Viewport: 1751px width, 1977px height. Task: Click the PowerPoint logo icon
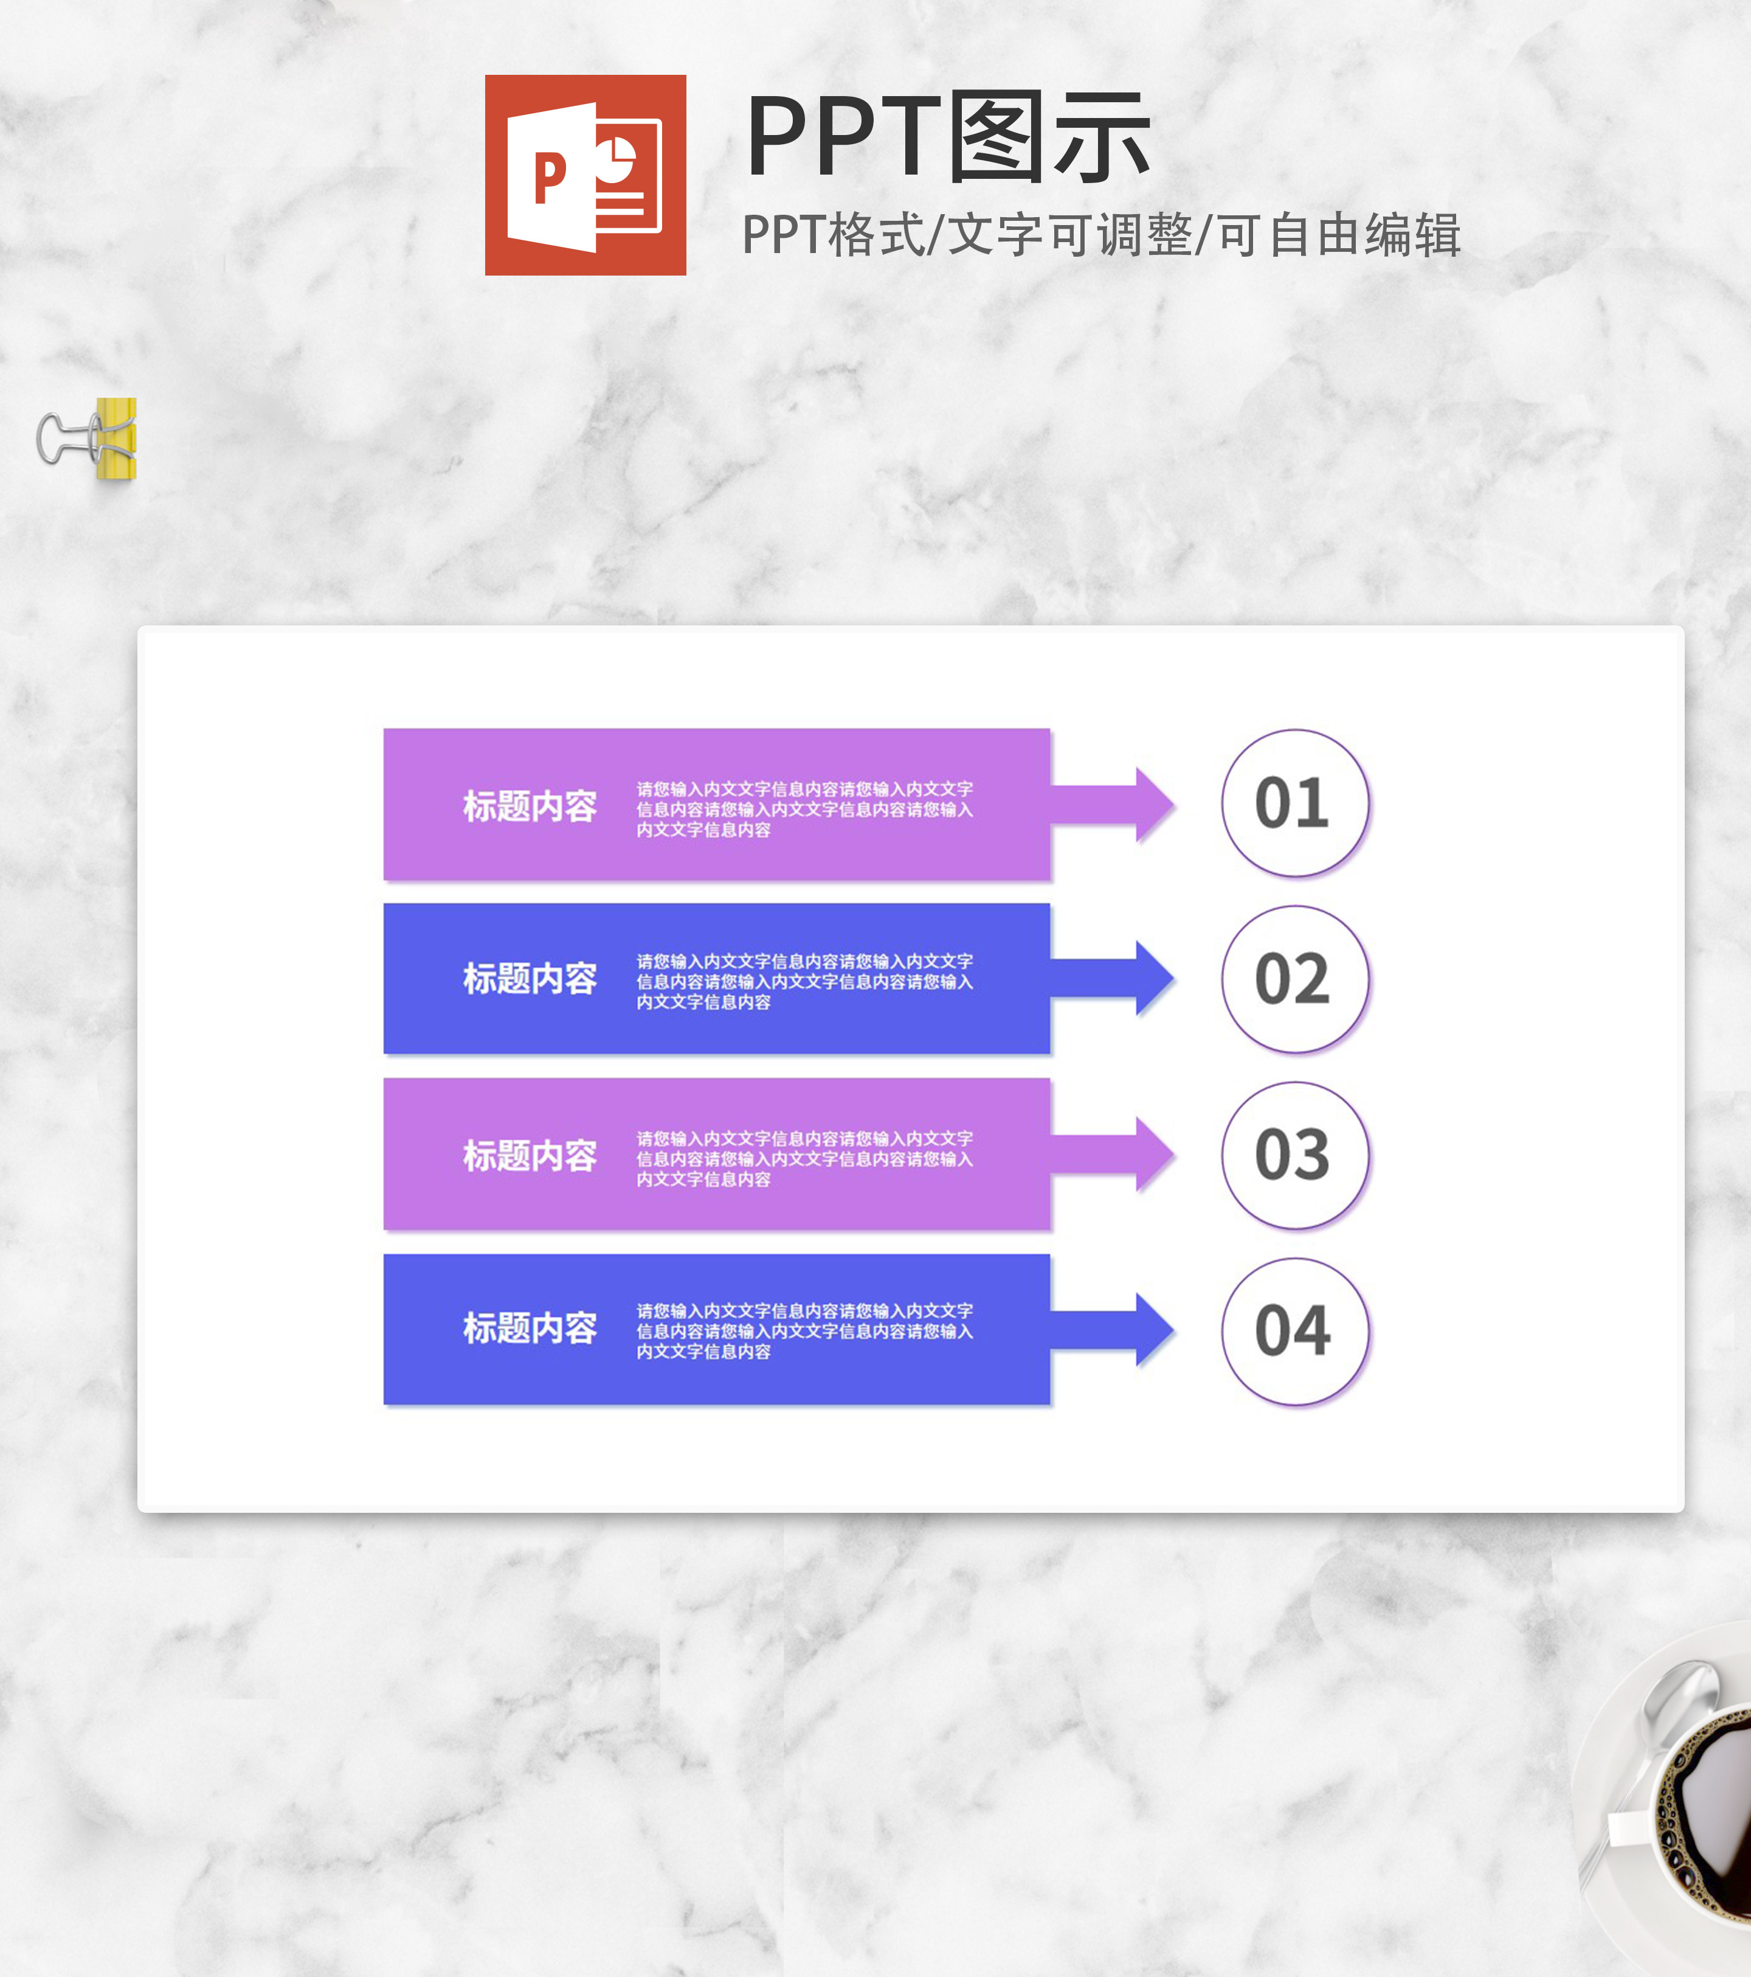pyautogui.click(x=585, y=175)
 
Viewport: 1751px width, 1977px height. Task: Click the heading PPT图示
pyautogui.click(x=947, y=138)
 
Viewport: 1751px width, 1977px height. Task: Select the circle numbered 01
pyautogui.click(x=1294, y=803)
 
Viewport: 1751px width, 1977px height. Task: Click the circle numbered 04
pyautogui.click(x=1294, y=1331)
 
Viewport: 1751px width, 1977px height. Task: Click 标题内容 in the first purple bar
pyautogui.click(x=530, y=805)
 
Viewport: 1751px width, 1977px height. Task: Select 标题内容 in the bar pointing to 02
pyautogui.click(x=530, y=979)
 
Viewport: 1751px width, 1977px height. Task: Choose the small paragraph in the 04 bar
pyautogui.click(x=804, y=1331)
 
